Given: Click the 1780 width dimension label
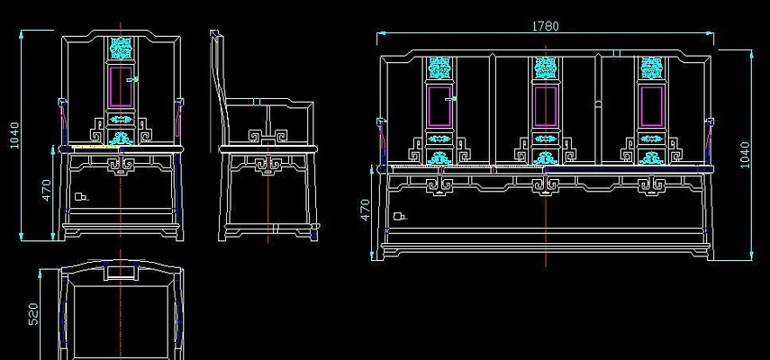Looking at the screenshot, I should tap(545, 26).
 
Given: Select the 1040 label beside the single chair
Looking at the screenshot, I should tap(14, 136).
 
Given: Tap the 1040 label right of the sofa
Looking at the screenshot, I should tap(743, 154).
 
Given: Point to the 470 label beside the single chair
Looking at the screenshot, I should tap(46, 190).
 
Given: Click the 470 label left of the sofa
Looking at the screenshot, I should tap(365, 210).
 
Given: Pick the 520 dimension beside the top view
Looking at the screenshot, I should tap(33, 313).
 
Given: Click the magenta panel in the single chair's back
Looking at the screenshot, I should tap(120, 85).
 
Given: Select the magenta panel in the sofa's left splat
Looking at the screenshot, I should tap(439, 106).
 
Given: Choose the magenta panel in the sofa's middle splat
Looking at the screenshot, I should tap(544, 106).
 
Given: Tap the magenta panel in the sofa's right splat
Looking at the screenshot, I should tap(649, 106).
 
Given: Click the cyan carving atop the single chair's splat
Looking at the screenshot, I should tap(120, 46).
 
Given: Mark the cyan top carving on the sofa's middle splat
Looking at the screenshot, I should tap(544, 67).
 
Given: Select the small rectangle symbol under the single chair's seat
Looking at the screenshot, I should tap(80, 195).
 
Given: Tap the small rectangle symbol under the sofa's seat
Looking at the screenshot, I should tap(400, 216).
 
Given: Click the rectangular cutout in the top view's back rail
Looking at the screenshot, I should tap(121, 269).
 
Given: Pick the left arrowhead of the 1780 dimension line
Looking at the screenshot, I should tap(381, 34).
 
